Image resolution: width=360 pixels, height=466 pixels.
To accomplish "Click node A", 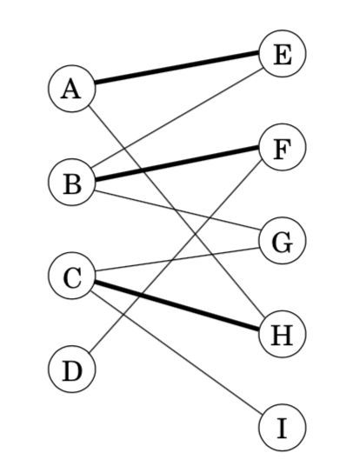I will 72,89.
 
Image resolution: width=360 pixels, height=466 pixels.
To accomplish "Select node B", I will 72,183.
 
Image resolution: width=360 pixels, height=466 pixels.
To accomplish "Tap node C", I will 72,277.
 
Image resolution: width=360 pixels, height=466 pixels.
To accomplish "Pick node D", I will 72,371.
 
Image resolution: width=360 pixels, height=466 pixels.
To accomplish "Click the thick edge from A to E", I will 177,71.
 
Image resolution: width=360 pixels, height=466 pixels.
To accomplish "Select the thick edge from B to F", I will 177,165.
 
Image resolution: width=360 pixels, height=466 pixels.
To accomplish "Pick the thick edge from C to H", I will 177,306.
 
